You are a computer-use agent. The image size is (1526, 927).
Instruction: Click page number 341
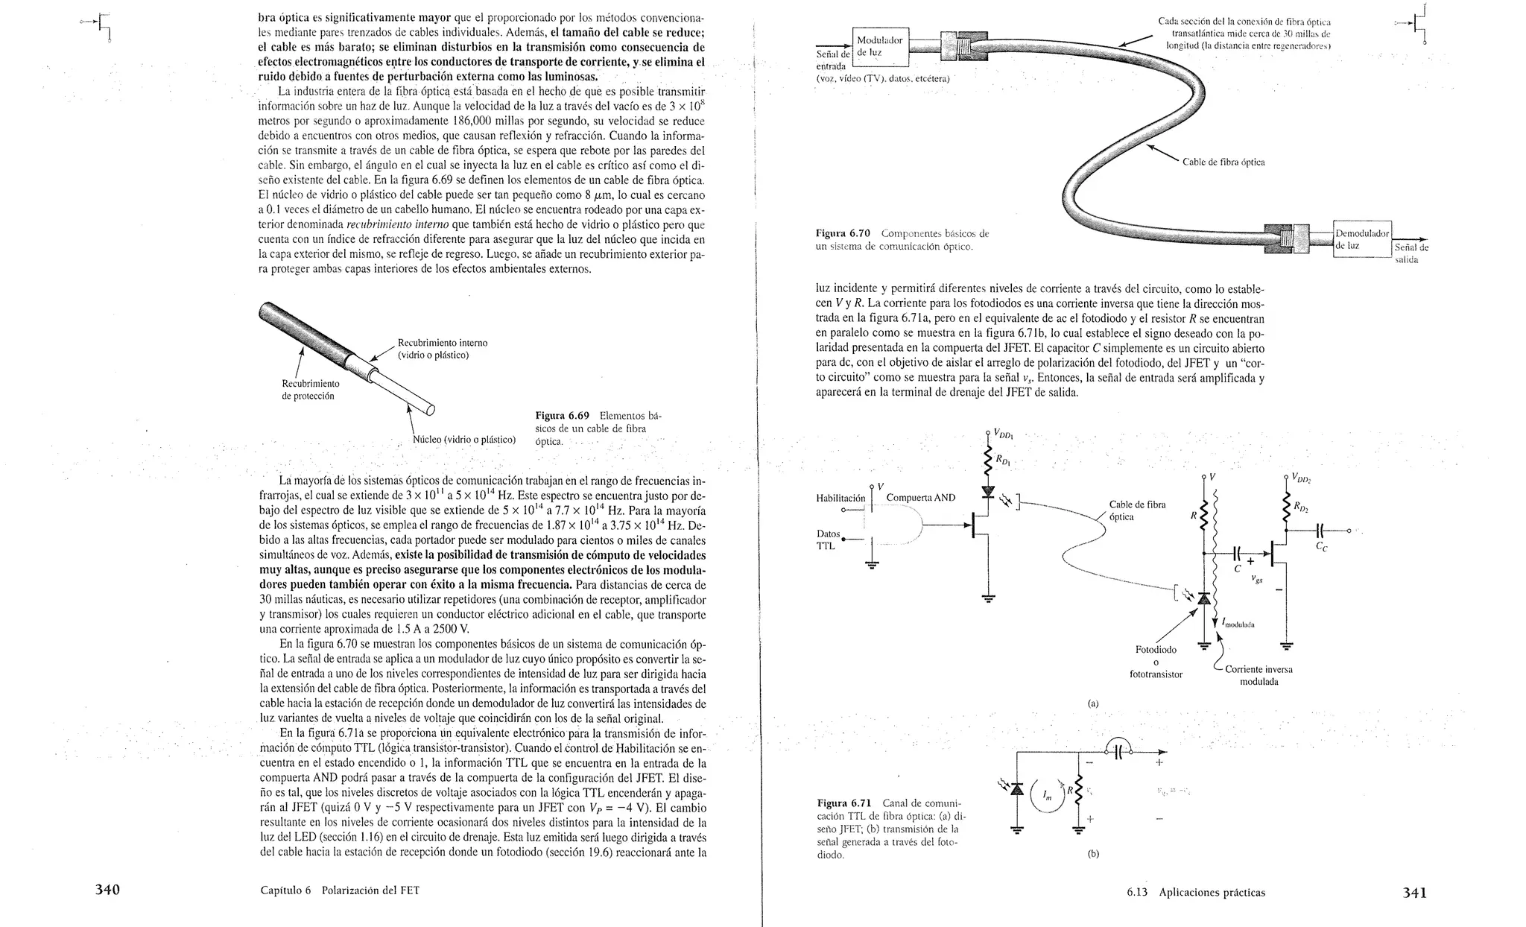point(1414,892)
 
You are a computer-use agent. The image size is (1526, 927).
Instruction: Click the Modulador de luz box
point(879,46)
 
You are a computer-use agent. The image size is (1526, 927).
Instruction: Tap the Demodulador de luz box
point(1361,239)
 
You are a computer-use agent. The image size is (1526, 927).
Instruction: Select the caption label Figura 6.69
point(563,416)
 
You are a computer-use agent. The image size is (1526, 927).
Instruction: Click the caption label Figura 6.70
point(843,233)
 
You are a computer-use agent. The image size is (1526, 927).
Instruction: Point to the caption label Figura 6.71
point(844,803)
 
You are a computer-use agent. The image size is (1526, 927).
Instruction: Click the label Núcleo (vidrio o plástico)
point(463,440)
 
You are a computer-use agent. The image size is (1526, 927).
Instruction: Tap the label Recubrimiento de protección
point(311,390)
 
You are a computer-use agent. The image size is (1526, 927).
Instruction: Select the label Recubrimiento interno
point(443,343)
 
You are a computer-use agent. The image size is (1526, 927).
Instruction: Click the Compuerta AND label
point(920,498)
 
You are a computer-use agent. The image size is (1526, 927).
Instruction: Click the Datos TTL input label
point(828,540)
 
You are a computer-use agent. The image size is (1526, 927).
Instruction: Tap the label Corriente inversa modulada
point(1259,675)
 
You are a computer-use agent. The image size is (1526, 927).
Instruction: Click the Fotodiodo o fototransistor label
point(1156,662)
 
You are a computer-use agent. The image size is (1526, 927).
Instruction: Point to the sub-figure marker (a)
point(1093,703)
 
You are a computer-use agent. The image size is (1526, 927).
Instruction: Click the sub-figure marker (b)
point(1093,854)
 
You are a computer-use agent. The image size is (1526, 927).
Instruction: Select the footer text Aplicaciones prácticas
point(1212,892)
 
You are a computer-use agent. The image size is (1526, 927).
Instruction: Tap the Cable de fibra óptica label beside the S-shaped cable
point(1223,162)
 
